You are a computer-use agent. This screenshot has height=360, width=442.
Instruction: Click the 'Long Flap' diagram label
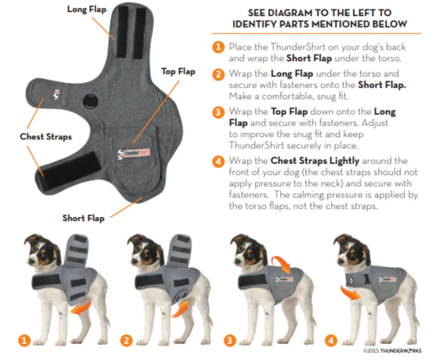pyautogui.click(x=86, y=9)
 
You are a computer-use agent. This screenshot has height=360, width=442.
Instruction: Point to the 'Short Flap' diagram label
pyautogui.click(x=83, y=218)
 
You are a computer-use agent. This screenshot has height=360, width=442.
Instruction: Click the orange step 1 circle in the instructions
pyautogui.click(x=218, y=47)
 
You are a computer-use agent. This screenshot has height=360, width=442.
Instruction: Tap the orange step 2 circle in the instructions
pyautogui.click(x=218, y=75)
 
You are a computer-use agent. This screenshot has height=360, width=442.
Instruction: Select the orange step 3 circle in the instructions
pyautogui.click(x=218, y=112)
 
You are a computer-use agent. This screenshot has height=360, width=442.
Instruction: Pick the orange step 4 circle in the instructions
pyautogui.click(x=218, y=162)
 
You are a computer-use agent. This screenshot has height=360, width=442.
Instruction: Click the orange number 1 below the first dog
pyautogui.click(x=23, y=341)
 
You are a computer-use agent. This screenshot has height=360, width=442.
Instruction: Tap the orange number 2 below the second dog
pyautogui.click(x=127, y=341)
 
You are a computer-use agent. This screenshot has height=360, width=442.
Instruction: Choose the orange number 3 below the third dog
pyautogui.click(x=230, y=341)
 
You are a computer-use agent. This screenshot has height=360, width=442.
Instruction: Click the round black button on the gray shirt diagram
pyautogui.click(x=89, y=101)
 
